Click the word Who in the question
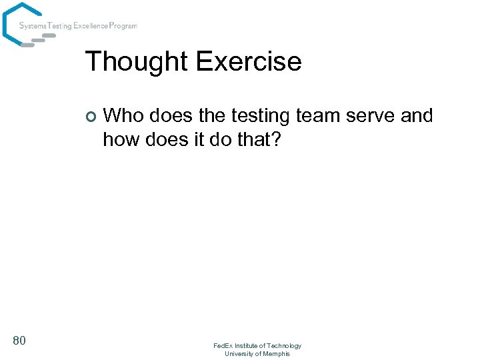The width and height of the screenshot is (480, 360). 124,116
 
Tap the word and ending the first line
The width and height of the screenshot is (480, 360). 417,116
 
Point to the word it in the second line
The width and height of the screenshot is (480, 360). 203,139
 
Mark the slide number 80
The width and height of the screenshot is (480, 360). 19,341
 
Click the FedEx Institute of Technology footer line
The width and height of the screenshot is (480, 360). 257,345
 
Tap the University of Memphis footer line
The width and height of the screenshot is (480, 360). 257,353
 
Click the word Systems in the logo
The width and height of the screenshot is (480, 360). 32,26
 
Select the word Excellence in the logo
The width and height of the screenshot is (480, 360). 90,26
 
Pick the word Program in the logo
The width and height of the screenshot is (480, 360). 124,26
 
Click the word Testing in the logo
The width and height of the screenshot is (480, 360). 59,26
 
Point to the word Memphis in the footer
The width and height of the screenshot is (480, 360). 276,353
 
